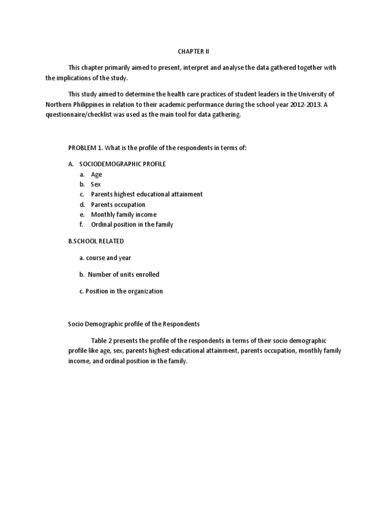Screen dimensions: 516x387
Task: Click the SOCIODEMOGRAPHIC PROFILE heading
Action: tap(122, 164)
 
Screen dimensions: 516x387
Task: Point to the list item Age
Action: tap(96, 174)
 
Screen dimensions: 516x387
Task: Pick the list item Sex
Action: tap(96, 184)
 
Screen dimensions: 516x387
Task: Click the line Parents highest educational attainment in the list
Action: tap(147, 194)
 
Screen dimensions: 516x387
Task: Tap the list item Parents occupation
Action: tap(118, 205)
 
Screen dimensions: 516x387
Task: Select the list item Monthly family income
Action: tap(123, 214)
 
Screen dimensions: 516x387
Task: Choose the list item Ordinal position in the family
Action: tap(132, 224)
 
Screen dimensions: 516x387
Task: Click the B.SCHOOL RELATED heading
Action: tap(96, 241)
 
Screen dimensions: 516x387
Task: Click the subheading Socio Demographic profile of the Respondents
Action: tap(134, 324)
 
